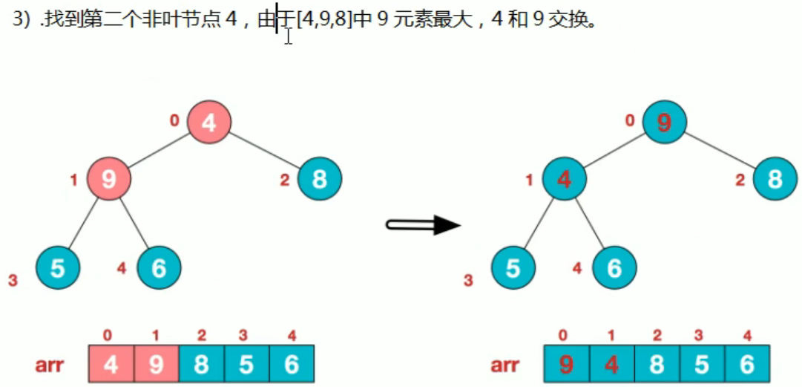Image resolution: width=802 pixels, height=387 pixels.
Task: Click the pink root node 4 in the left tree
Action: pyautogui.click(x=209, y=122)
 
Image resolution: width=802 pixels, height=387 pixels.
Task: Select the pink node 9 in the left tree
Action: pyautogui.click(x=109, y=179)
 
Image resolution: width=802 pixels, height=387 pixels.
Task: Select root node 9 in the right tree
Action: pyautogui.click(x=665, y=122)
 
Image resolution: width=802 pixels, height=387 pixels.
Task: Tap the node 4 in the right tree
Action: pyautogui.click(x=565, y=179)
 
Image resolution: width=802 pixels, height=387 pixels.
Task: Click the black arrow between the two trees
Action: pyautogui.click(x=424, y=224)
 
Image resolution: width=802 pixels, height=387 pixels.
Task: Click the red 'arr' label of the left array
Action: pyautogui.click(x=50, y=365)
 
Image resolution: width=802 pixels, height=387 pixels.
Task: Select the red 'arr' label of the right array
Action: pyautogui.click(x=505, y=365)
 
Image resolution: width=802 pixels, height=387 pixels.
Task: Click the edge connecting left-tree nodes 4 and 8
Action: pyautogui.click(x=265, y=151)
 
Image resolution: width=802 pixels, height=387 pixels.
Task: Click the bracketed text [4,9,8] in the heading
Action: pyautogui.click(x=323, y=20)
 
